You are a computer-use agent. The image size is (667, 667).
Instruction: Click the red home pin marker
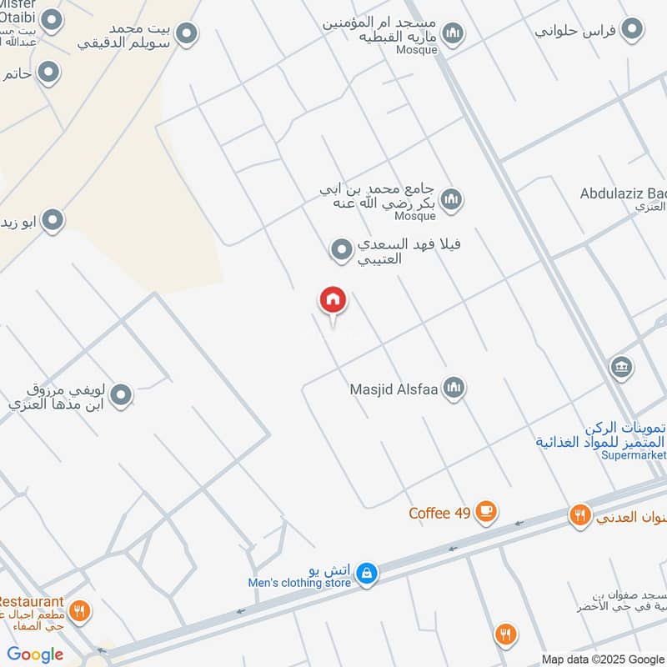click(333, 301)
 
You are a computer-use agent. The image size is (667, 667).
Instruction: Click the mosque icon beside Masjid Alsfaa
click(454, 388)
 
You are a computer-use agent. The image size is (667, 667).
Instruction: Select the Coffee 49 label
click(440, 513)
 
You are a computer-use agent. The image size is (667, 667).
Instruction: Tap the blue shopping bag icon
click(366, 573)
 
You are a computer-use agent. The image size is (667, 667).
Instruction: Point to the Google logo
click(35, 654)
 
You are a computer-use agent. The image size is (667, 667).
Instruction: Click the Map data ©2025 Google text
click(603, 659)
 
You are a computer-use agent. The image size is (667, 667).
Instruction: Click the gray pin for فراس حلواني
click(634, 30)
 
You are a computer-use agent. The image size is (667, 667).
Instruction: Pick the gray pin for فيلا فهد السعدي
click(341, 249)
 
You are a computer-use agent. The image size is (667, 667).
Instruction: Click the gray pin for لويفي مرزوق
click(122, 395)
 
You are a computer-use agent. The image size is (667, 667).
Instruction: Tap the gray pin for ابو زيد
click(53, 221)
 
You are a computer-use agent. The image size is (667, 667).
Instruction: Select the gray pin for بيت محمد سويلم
click(187, 34)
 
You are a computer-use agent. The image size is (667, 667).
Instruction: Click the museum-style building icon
click(621, 367)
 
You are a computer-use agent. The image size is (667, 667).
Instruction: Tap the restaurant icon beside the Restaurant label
click(79, 612)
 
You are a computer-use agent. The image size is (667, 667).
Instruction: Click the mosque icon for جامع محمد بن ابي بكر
click(453, 200)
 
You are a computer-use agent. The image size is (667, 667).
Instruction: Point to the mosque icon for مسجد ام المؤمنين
click(453, 33)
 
